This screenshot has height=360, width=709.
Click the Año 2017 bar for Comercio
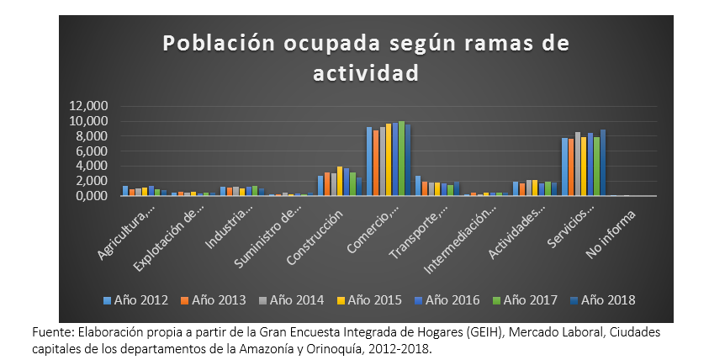401,159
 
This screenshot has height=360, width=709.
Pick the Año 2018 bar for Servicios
603,163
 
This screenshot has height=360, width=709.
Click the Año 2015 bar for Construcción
340,182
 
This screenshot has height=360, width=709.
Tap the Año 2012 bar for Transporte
418,186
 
